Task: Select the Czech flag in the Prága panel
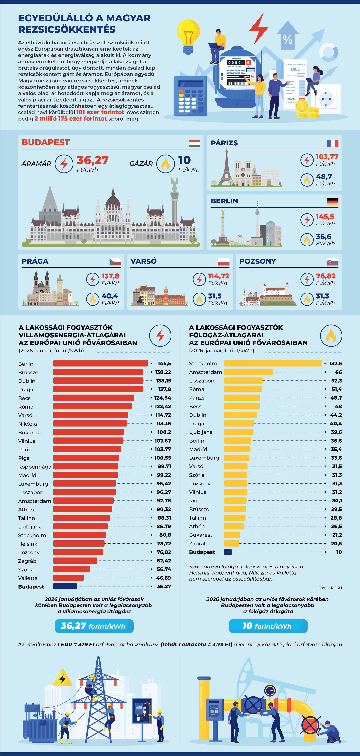115,262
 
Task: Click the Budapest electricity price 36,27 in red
92,160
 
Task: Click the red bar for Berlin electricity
100,363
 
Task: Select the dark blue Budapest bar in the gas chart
228,552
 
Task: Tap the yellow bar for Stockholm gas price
273,363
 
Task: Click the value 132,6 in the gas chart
335,363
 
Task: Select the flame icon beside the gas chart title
331,335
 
